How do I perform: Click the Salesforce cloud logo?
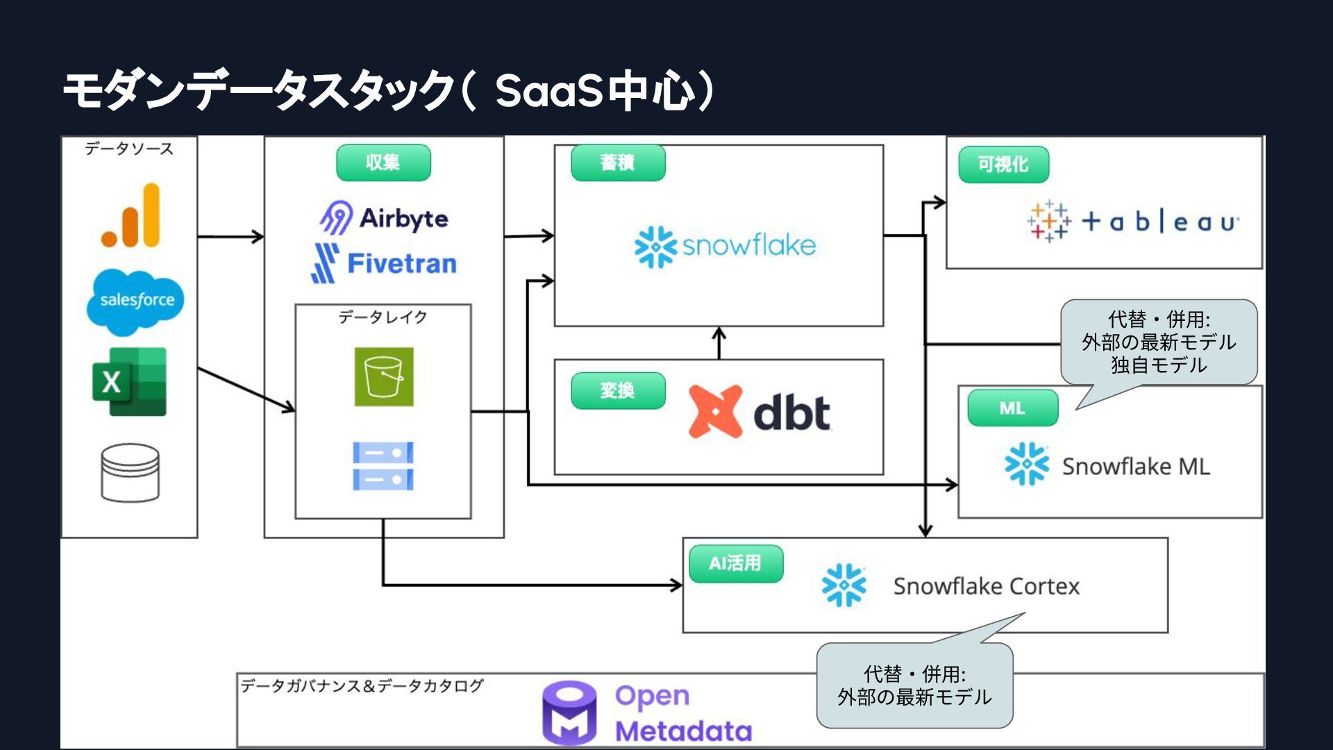(x=135, y=301)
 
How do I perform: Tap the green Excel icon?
(x=129, y=382)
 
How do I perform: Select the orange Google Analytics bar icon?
(x=131, y=215)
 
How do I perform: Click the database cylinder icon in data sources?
(x=130, y=472)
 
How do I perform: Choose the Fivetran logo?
(x=384, y=263)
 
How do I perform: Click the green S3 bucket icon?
(x=384, y=376)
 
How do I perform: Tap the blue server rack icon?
(x=383, y=466)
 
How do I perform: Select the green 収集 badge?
(x=383, y=162)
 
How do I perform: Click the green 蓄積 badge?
(x=618, y=162)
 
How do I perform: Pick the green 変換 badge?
(x=618, y=391)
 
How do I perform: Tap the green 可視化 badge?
(x=1004, y=165)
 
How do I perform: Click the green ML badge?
(x=1013, y=408)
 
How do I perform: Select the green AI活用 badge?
(x=736, y=563)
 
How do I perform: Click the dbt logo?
(x=760, y=412)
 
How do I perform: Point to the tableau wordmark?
(x=1161, y=222)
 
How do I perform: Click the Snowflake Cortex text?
(x=987, y=587)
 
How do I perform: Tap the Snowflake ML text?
(x=1136, y=467)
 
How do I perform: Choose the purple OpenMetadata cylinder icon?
(x=569, y=713)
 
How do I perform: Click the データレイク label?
(x=383, y=317)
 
